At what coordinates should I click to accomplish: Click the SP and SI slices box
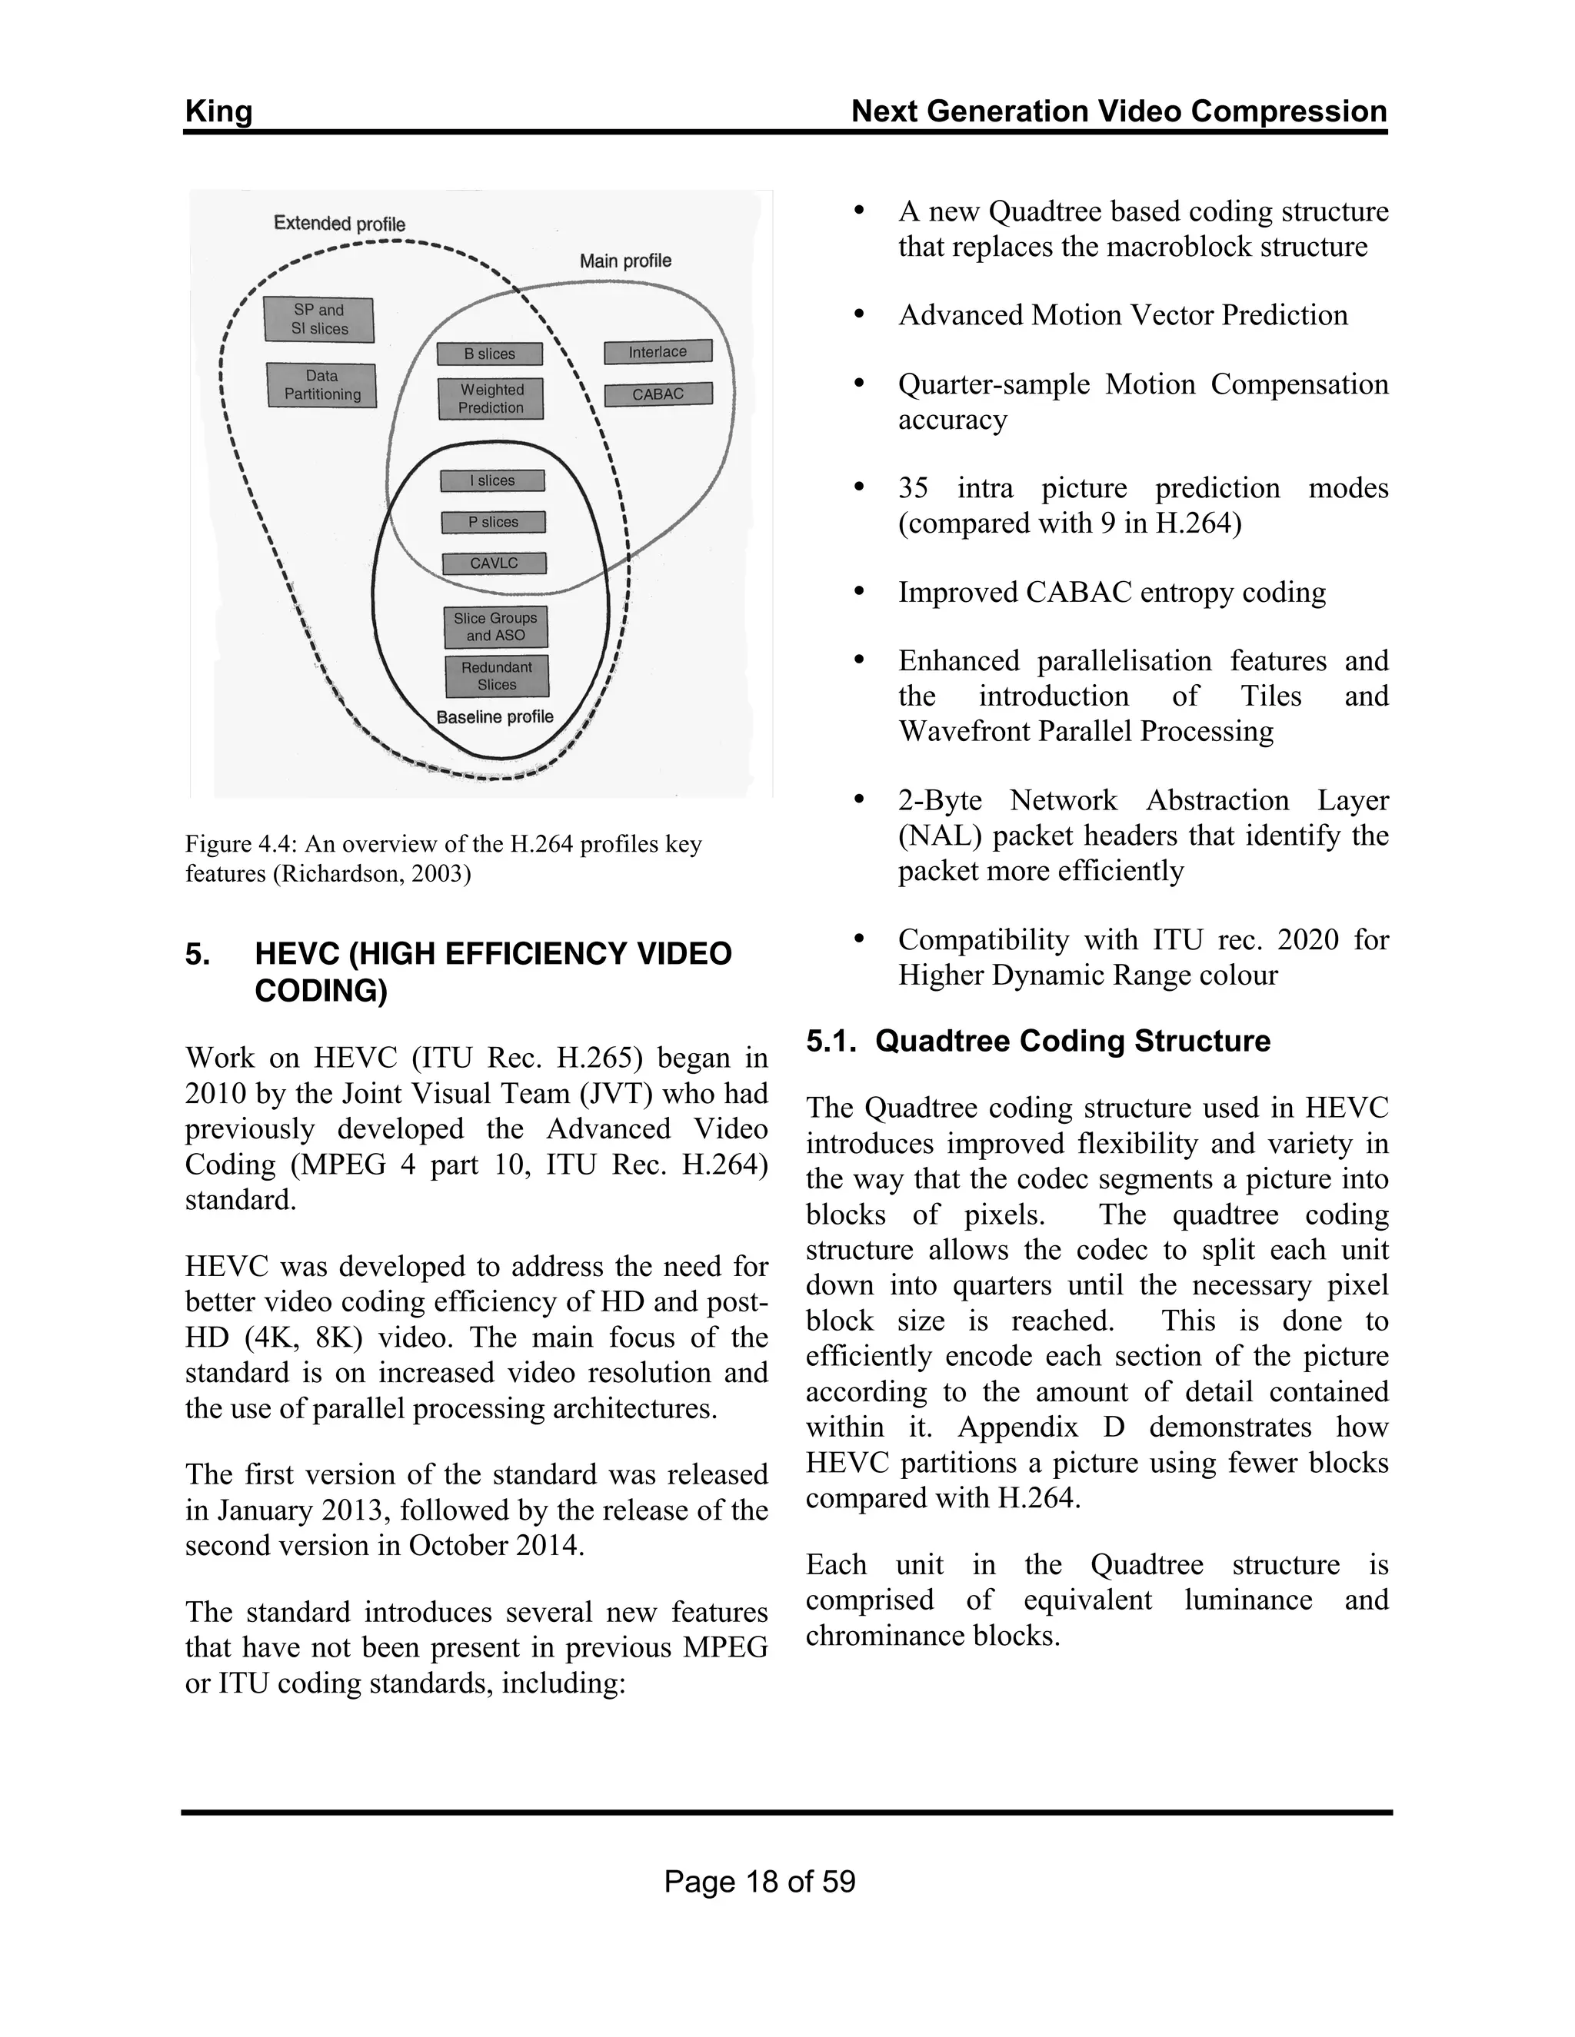318,320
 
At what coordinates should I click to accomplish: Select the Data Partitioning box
321,385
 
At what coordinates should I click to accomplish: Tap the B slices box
490,354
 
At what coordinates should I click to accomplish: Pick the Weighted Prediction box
491,399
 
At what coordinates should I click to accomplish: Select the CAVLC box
494,563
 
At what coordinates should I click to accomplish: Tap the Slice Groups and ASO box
495,626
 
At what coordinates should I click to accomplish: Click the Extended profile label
340,224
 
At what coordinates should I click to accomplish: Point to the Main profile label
625,261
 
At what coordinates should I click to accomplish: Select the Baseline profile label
494,717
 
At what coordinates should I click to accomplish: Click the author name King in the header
218,112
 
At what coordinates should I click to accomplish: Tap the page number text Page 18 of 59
760,1881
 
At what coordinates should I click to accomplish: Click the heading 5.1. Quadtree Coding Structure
1037,1041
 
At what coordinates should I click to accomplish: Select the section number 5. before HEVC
197,954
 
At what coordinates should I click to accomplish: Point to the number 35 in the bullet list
914,489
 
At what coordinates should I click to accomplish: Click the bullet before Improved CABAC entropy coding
859,592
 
